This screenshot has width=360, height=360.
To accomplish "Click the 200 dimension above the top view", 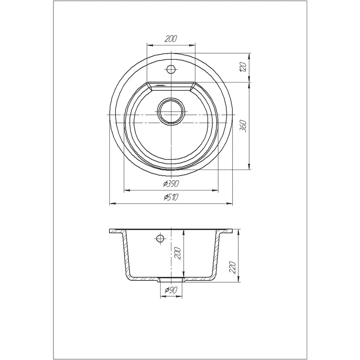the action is pos(171,39).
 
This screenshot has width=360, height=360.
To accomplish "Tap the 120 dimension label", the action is pos(243,67).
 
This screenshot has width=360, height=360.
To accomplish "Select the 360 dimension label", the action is pos(243,126).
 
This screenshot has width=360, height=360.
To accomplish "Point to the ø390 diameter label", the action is pos(171,184).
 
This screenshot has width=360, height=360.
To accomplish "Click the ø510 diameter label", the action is pos(171,197).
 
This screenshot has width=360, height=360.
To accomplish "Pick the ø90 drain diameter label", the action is pos(171,290).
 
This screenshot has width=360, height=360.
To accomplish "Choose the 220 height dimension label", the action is pos(233,267).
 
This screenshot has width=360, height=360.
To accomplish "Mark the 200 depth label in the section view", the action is pos(178,253).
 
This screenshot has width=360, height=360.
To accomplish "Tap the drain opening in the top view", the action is pos(171,112).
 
